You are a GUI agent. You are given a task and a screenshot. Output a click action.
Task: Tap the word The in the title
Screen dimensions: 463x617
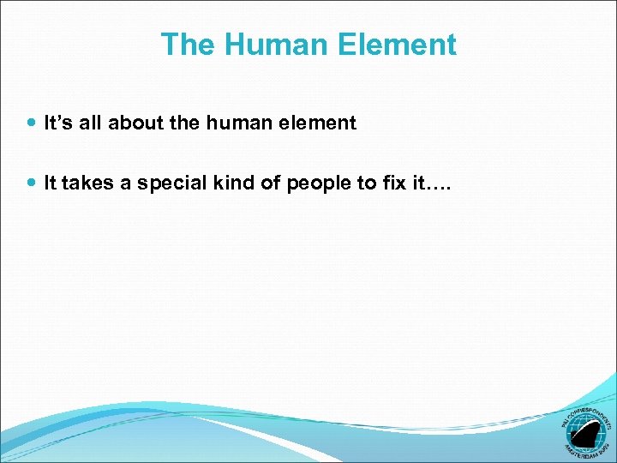(x=185, y=45)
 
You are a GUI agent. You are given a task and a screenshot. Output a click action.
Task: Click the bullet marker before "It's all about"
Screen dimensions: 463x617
(x=33, y=123)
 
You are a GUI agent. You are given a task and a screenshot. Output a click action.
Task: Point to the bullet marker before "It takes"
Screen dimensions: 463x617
(x=33, y=183)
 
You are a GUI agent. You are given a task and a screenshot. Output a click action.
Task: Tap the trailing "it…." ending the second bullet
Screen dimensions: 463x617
(x=426, y=183)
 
